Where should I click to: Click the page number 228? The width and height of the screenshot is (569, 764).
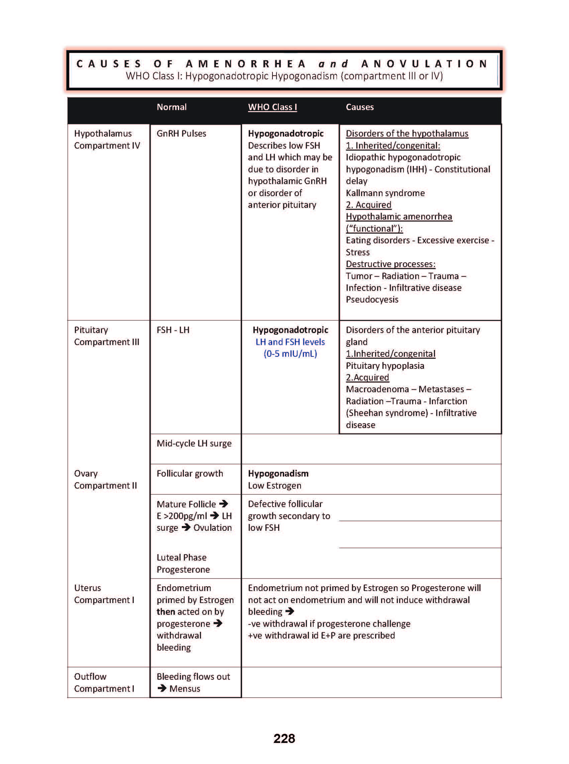pyautogui.click(x=284, y=738)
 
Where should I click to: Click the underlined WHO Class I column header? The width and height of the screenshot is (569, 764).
pyautogui.click(x=272, y=107)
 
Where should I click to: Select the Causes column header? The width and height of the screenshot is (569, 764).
pyautogui.click(x=360, y=107)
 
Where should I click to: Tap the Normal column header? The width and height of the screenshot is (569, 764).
pyautogui.click(x=172, y=107)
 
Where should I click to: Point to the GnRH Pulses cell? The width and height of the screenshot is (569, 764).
pyautogui.click(x=181, y=134)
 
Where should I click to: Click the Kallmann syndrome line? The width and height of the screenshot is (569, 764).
pyautogui.click(x=385, y=193)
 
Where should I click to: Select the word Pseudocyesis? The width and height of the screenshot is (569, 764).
pyautogui.click(x=372, y=299)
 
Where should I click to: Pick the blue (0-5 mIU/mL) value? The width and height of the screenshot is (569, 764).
pyautogui.click(x=291, y=354)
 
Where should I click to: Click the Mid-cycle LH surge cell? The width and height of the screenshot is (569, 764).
pyautogui.click(x=194, y=443)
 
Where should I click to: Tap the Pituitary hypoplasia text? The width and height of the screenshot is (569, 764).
pyautogui.click(x=385, y=365)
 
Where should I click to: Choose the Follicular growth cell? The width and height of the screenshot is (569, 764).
pyautogui.click(x=190, y=474)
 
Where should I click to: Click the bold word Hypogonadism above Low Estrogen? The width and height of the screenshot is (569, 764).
pyautogui.click(x=278, y=474)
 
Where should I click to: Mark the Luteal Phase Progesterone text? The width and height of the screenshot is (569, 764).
pyautogui.click(x=183, y=563)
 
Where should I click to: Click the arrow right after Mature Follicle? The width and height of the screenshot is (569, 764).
pyautogui.click(x=224, y=504)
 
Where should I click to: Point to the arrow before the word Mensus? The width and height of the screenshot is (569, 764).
pyautogui.click(x=162, y=688)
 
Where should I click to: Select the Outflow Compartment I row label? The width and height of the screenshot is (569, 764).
pyautogui.click(x=104, y=682)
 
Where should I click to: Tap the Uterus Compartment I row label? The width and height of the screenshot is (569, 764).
pyautogui.click(x=104, y=594)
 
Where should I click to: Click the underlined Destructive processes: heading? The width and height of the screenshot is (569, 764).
pyautogui.click(x=390, y=264)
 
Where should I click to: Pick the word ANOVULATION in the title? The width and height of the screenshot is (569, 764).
pyautogui.click(x=424, y=64)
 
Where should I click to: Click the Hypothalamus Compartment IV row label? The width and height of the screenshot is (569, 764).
pyautogui.click(x=107, y=139)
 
